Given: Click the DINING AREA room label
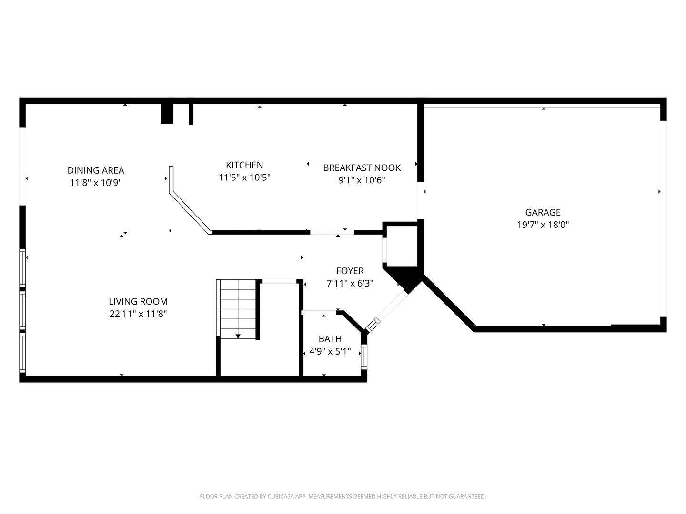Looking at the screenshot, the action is [x=96, y=170].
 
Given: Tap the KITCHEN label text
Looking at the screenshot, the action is [x=244, y=165].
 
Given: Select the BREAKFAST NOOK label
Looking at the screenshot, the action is [x=362, y=168].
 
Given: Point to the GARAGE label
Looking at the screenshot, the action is [x=543, y=212].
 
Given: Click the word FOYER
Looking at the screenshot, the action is [x=350, y=271].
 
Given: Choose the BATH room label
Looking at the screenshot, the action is [x=330, y=339].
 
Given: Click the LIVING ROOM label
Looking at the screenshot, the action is [x=138, y=301].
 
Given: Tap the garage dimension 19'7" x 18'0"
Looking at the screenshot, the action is [x=543, y=225].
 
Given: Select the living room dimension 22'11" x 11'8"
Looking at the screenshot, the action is [x=138, y=314].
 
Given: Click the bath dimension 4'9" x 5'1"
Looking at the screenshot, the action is [x=330, y=352].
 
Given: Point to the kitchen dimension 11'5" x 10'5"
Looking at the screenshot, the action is [x=244, y=178].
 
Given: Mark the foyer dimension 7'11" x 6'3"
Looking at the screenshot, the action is [x=350, y=283].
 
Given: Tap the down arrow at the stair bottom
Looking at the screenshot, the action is [x=238, y=336].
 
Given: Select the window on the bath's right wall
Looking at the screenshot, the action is [x=364, y=357].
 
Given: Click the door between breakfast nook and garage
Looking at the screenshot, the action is [x=421, y=200].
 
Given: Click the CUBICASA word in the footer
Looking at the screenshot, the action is [x=281, y=496].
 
